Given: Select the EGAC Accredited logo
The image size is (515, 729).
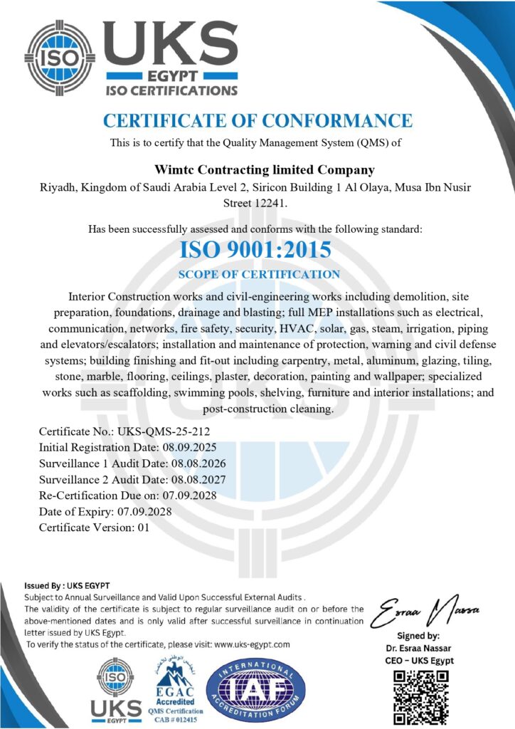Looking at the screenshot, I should click(174, 687).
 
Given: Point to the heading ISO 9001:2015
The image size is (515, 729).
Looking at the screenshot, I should click(257, 250).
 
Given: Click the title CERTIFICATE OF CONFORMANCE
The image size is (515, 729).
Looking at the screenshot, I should click(257, 121).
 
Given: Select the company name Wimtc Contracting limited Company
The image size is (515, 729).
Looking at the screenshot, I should click(264, 169).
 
